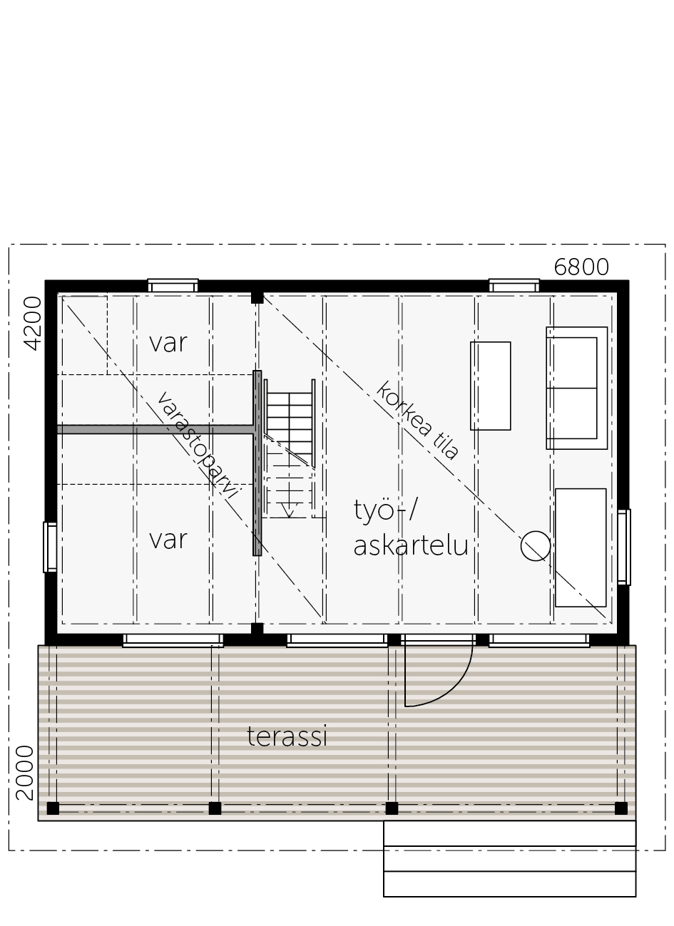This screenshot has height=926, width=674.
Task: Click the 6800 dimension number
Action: (581, 267)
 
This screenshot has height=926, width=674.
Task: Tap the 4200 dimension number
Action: (33, 323)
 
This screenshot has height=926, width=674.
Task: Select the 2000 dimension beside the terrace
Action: (24, 773)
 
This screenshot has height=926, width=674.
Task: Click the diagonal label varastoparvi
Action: (198, 446)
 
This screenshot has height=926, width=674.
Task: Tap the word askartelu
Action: (411, 545)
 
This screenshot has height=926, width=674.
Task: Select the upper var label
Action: (168, 343)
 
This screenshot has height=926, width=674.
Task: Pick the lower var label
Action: (168, 540)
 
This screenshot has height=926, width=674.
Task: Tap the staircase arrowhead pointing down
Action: (289, 513)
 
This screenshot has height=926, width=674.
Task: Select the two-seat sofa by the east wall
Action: (577, 388)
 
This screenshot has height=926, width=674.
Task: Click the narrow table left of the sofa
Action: (491, 386)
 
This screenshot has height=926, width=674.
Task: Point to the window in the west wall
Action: (50, 547)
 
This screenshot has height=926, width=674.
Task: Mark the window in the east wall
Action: (624, 547)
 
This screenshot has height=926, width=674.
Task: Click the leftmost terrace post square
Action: (53, 808)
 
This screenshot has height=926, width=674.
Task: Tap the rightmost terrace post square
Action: (621, 808)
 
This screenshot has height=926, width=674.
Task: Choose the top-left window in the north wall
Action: (173, 286)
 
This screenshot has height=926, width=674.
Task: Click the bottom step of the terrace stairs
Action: (509, 884)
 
